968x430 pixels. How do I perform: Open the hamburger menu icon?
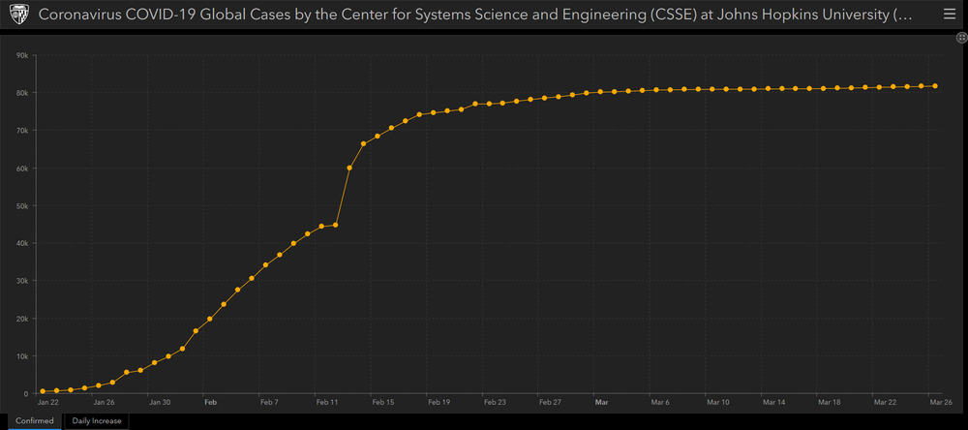pyautogui.click(x=949, y=15)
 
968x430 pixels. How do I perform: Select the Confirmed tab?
pyautogui.click(x=34, y=421)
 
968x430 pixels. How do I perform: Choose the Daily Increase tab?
pyautogui.click(x=97, y=421)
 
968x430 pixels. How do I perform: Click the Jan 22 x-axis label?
pyautogui.click(x=47, y=401)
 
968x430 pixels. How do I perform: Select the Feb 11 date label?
pyautogui.click(x=327, y=401)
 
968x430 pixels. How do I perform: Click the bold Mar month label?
pyautogui.click(x=601, y=401)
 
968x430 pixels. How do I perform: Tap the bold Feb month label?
pyautogui.click(x=210, y=401)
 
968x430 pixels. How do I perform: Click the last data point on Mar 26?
pyautogui.click(x=935, y=86)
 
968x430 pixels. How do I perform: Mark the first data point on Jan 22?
pyautogui.click(x=43, y=391)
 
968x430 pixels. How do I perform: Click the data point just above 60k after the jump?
pyautogui.click(x=349, y=168)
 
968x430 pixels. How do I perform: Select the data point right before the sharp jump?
pyautogui.click(x=335, y=225)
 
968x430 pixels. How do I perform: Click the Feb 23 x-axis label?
pyautogui.click(x=495, y=401)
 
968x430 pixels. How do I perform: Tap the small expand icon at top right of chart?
pyautogui.click(x=958, y=37)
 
